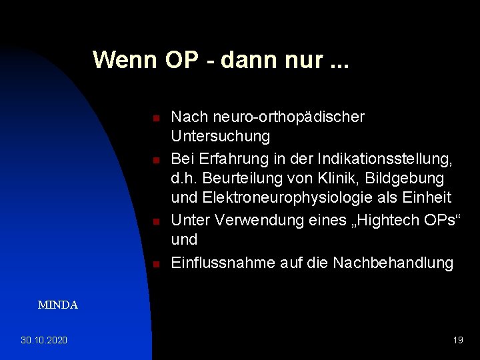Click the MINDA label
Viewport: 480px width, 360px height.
click(x=58, y=305)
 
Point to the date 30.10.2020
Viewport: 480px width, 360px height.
click(x=43, y=341)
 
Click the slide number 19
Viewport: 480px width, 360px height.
click(x=458, y=341)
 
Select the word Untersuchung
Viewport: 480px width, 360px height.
click(x=221, y=137)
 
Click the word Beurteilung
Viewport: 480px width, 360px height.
click(x=238, y=179)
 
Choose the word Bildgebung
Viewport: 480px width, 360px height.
click(x=402, y=179)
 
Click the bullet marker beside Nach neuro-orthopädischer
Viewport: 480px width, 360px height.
click(x=154, y=118)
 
